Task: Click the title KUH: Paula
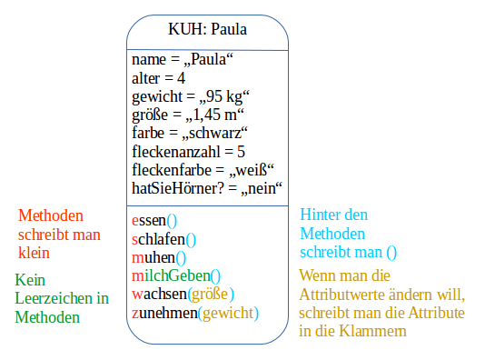(x=208, y=29)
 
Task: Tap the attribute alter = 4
(x=159, y=78)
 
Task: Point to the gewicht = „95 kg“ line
(x=191, y=96)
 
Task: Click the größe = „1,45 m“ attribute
(x=189, y=115)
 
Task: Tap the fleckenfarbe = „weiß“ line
(x=203, y=169)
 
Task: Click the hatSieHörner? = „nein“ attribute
(x=208, y=187)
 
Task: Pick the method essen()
(x=154, y=220)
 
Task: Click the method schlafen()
(x=164, y=239)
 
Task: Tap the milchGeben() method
(x=176, y=275)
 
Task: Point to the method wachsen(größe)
(x=183, y=294)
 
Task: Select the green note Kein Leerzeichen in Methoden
(x=61, y=298)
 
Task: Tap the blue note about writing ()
(x=349, y=234)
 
